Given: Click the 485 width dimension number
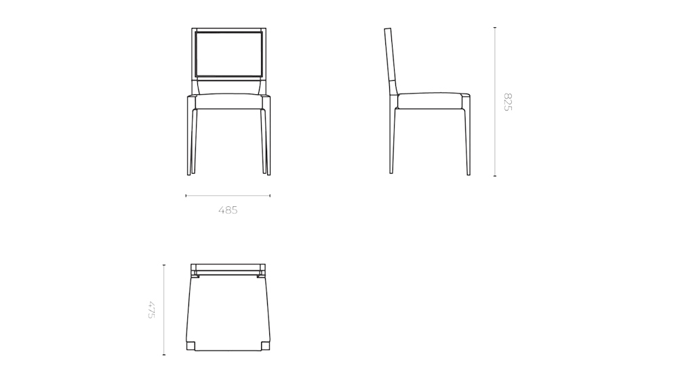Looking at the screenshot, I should (228, 210).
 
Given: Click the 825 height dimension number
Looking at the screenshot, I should (507, 102).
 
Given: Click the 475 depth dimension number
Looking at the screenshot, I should (151, 309).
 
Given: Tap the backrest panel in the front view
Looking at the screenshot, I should (228, 54).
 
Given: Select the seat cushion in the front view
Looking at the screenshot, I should (228, 101).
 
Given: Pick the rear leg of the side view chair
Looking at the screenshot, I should (392, 139).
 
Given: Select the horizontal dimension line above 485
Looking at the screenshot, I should (228, 196).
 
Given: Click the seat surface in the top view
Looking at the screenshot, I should (228, 312).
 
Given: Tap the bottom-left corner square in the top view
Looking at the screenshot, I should (191, 346).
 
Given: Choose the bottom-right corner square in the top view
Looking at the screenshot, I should (265, 346).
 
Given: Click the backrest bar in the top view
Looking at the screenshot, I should (228, 267).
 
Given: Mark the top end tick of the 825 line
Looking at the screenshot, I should (495, 28).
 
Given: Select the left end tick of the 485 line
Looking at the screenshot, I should (186, 196).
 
